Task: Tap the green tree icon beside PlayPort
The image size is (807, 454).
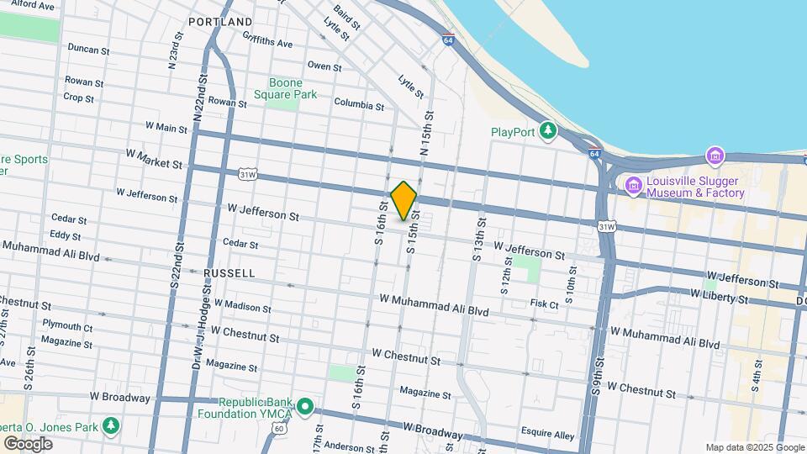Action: (548, 130)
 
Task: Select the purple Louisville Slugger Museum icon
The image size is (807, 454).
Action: (633, 185)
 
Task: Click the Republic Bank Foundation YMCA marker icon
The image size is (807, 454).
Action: (304, 409)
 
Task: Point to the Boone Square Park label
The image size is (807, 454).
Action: (293, 88)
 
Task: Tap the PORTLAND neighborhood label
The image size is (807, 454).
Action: (220, 21)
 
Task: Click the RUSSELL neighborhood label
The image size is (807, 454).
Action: (229, 273)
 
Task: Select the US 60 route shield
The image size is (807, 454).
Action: (279, 429)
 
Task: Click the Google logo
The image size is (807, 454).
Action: (28, 443)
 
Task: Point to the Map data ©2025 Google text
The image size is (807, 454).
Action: (755, 447)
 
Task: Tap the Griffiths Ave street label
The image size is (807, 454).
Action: (267, 41)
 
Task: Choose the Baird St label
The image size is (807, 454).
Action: (346, 17)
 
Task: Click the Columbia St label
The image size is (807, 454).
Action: (358, 106)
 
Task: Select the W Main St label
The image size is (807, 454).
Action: (166, 129)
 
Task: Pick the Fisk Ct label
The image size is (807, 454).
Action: (545, 304)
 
